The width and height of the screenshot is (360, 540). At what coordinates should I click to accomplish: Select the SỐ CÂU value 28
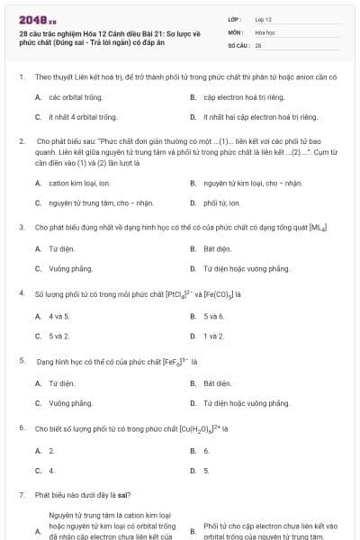tap(257, 44)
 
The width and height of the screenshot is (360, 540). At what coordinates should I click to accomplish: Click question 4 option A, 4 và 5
tap(58, 316)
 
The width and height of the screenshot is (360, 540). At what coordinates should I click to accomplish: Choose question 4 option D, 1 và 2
tap(213, 336)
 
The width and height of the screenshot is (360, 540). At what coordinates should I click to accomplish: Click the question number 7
tap(21, 495)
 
